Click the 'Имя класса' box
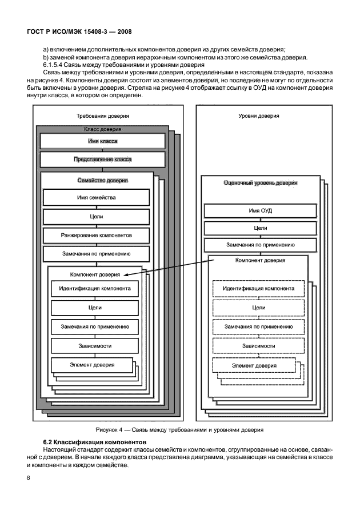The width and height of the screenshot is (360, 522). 103,141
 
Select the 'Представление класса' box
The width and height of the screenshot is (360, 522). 103,160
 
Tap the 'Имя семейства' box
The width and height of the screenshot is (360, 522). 97,198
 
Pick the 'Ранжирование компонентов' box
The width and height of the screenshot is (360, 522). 97,235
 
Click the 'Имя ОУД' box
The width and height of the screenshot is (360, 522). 260,210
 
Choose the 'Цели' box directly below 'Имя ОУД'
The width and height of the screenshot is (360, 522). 260,228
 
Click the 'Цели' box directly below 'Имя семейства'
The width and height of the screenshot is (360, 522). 97,217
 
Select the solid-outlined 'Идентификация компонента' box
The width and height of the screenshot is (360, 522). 95,288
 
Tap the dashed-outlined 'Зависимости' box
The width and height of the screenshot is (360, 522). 259,346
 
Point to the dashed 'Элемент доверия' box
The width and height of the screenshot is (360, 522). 254,365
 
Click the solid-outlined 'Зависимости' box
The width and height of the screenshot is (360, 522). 95,346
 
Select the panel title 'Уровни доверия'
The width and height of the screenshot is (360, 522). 259,116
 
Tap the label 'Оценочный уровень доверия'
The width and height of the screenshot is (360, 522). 260,183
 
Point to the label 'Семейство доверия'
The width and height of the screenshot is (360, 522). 102,180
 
